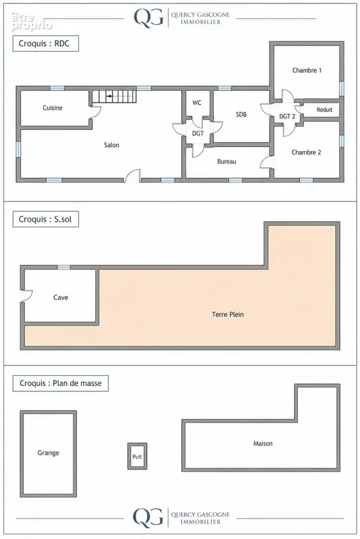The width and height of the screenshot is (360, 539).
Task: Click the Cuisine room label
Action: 53,108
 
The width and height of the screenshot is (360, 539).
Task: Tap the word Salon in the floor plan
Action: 111,145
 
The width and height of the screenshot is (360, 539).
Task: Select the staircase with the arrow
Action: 114,96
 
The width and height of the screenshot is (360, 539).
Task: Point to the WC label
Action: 197,102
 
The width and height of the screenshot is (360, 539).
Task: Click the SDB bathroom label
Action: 241,115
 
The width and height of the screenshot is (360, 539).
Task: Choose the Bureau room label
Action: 227,161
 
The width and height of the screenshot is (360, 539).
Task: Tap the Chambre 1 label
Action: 307,70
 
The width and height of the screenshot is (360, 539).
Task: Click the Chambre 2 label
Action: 306,152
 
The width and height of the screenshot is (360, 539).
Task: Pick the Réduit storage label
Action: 324,110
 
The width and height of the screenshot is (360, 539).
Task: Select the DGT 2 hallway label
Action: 287,117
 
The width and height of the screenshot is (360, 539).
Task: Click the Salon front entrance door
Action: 132,176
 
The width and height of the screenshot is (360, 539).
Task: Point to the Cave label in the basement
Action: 61,297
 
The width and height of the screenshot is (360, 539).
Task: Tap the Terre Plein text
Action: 228,314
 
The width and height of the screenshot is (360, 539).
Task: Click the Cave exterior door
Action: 26,296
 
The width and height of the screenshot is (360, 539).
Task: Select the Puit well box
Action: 138,456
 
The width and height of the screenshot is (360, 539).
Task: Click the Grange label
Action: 48,453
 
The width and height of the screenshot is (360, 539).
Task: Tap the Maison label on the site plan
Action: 263,443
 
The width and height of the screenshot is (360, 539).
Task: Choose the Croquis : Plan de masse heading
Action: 61,383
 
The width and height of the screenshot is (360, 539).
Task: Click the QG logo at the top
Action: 148,18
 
